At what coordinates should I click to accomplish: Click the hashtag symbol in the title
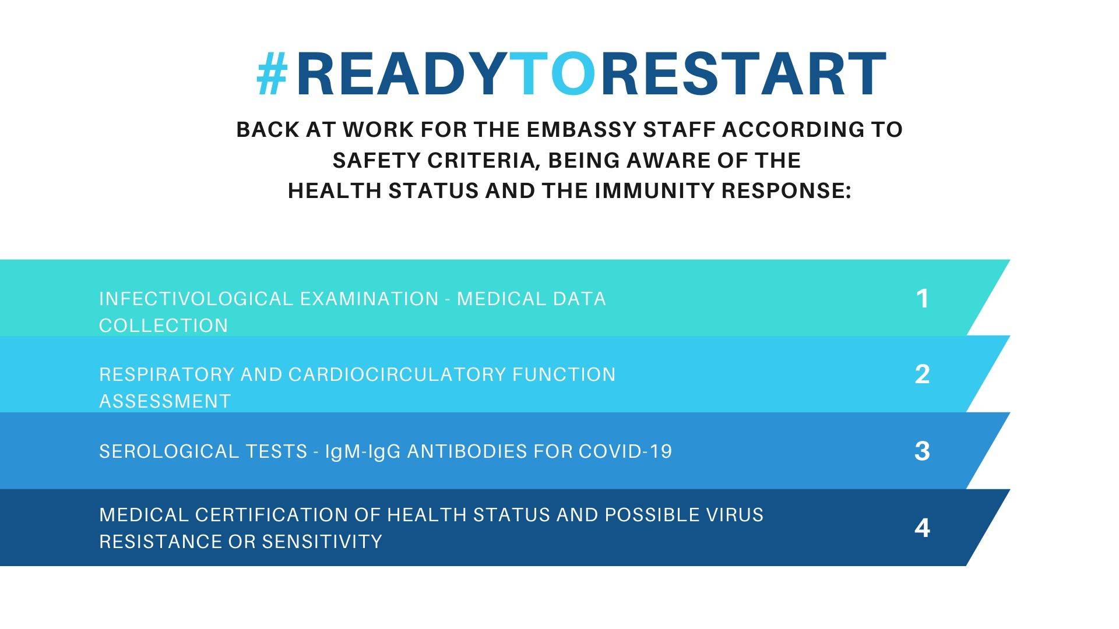[x=273, y=74]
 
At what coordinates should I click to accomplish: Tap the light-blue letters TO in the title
[x=555, y=74]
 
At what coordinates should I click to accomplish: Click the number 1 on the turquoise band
[x=922, y=299]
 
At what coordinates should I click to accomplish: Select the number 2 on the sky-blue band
[x=922, y=374]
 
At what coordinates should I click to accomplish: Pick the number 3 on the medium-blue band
[x=922, y=451]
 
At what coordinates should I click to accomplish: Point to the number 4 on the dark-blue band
[x=922, y=528]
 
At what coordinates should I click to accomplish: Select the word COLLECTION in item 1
[x=163, y=326]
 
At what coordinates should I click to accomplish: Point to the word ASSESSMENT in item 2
[x=165, y=401]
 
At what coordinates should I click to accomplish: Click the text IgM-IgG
[x=364, y=451]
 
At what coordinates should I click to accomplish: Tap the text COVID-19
[x=625, y=451]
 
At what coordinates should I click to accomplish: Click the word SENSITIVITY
[x=322, y=542]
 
